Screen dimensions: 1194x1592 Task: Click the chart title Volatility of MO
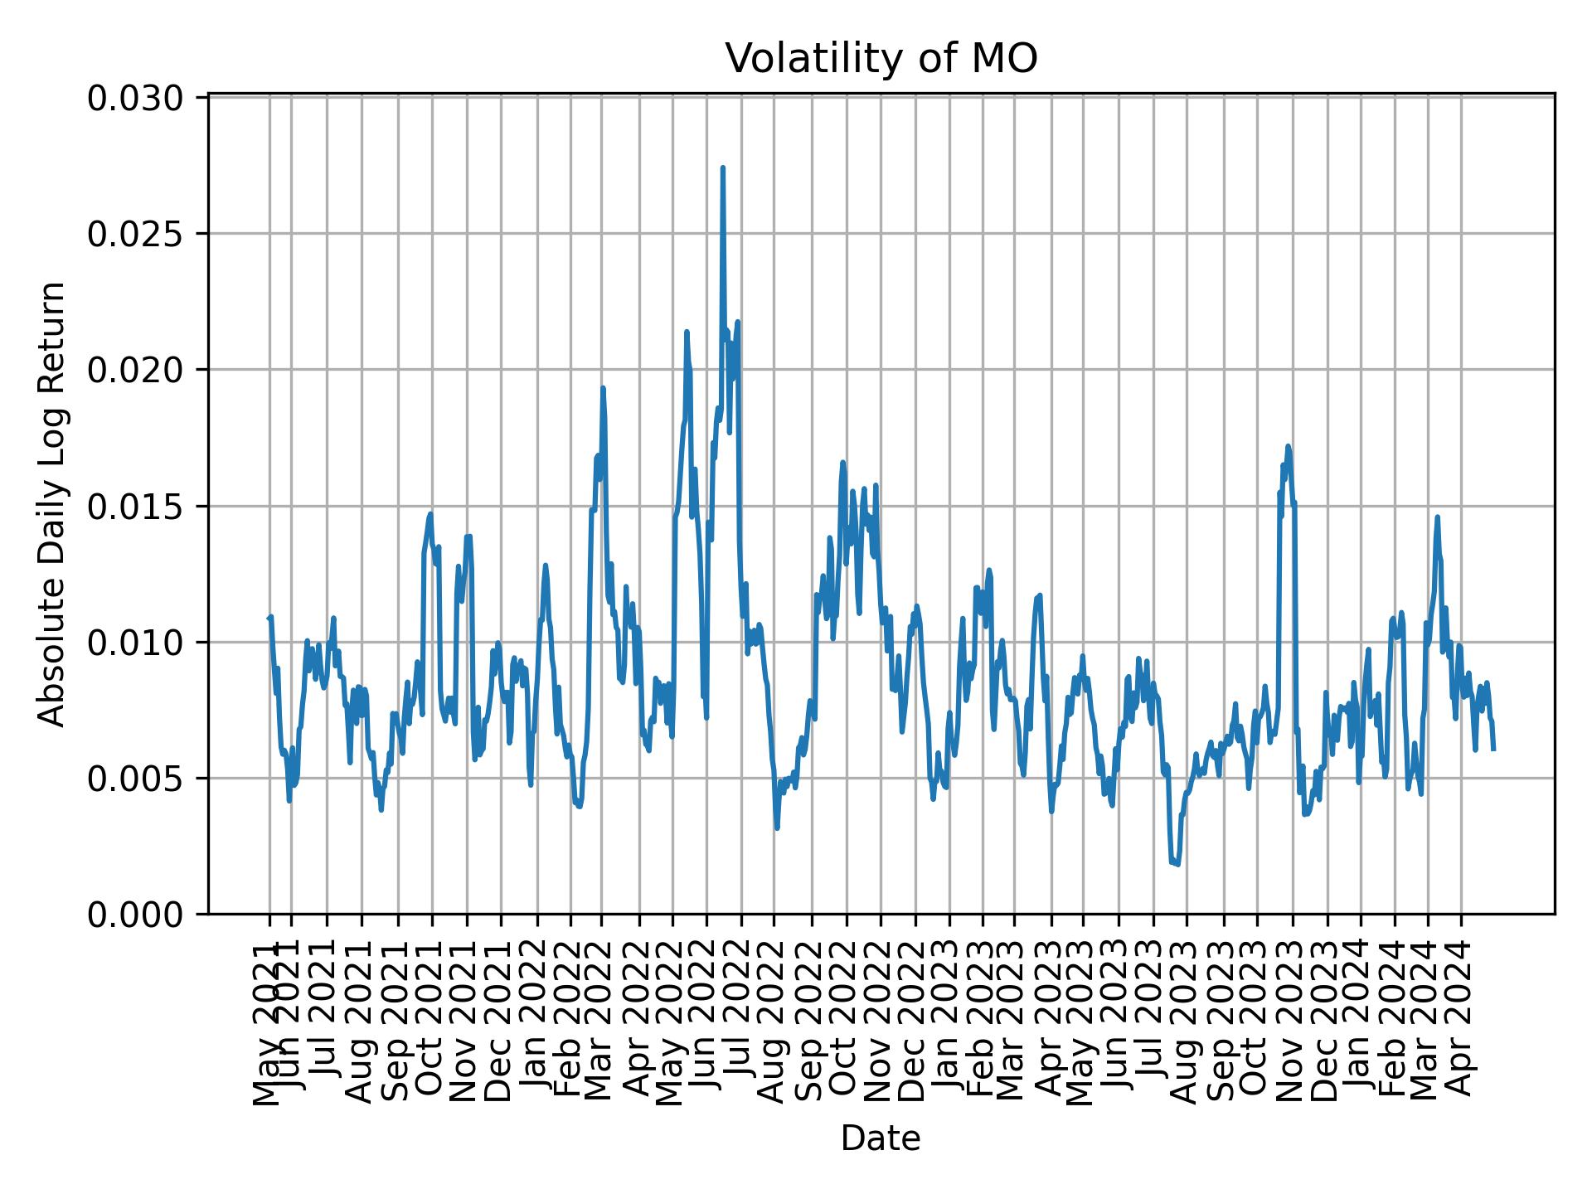click(x=881, y=59)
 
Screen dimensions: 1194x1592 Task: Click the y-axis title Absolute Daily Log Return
click(x=53, y=503)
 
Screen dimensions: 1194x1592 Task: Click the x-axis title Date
click(x=881, y=1138)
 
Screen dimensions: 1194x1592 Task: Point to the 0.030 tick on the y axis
click(x=136, y=98)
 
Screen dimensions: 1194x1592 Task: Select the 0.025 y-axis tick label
click(x=136, y=234)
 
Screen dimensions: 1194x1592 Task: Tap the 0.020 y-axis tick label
click(x=136, y=370)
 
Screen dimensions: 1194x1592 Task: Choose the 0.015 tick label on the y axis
click(x=136, y=506)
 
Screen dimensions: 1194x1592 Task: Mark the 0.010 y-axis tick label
click(x=136, y=642)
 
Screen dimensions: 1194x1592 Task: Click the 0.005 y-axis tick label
click(x=136, y=778)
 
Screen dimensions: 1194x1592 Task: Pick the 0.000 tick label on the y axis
click(x=136, y=914)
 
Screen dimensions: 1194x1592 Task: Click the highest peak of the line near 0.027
click(x=722, y=168)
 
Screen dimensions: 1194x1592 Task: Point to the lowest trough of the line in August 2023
click(x=1177, y=865)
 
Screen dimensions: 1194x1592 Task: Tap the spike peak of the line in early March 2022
click(x=603, y=388)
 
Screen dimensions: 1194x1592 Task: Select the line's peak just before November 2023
click(x=1288, y=446)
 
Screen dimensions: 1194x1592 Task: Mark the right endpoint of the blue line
click(x=1493, y=750)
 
